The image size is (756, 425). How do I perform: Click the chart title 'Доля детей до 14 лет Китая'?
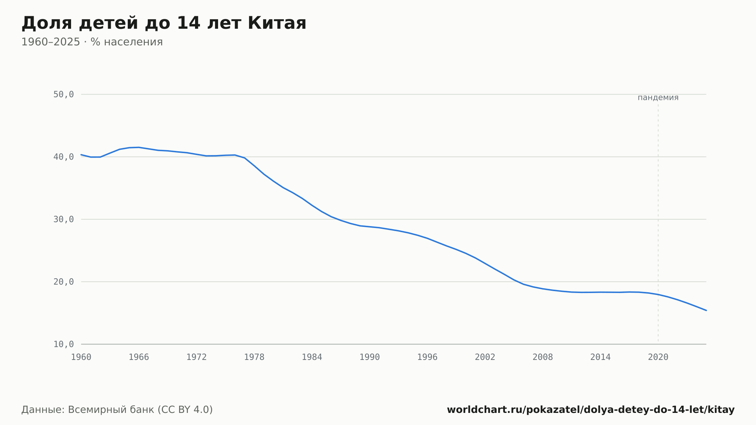pyautogui.click(x=164, y=23)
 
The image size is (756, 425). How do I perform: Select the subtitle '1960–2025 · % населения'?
pyautogui.click(x=92, y=42)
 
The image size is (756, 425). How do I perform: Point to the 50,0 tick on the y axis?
pyautogui.click(x=64, y=95)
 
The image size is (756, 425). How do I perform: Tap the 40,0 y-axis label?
pyautogui.click(x=64, y=157)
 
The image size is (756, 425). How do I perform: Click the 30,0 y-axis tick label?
pyautogui.click(x=64, y=219)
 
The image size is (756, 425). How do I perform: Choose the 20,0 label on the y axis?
pyautogui.click(x=64, y=282)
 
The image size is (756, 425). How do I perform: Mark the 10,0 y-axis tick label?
pyautogui.click(x=64, y=344)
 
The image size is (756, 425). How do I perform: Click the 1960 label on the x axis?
pyautogui.click(x=81, y=357)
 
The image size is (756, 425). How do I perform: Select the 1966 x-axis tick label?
pyautogui.click(x=139, y=357)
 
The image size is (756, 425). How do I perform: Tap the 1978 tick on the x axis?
pyautogui.click(x=254, y=357)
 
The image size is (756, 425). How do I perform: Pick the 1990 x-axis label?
pyautogui.click(x=370, y=357)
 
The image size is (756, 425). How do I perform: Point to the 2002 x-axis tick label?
pyautogui.click(x=485, y=357)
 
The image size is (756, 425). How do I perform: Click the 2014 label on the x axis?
pyautogui.click(x=600, y=357)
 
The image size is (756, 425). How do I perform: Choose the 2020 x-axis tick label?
pyautogui.click(x=658, y=357)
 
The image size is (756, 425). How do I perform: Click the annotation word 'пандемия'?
pyautogui.click(x=658, y=98)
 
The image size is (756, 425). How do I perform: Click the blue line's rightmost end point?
pyautogui.click(x=706, y=310)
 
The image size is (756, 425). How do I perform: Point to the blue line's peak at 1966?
pyautogui.click(x=139, y=147)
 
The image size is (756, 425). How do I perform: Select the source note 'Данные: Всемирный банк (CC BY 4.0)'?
pyautogui.click(x=117, y=410)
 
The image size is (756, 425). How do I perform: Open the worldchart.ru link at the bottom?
pyautogui.click(x=591, y=410)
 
